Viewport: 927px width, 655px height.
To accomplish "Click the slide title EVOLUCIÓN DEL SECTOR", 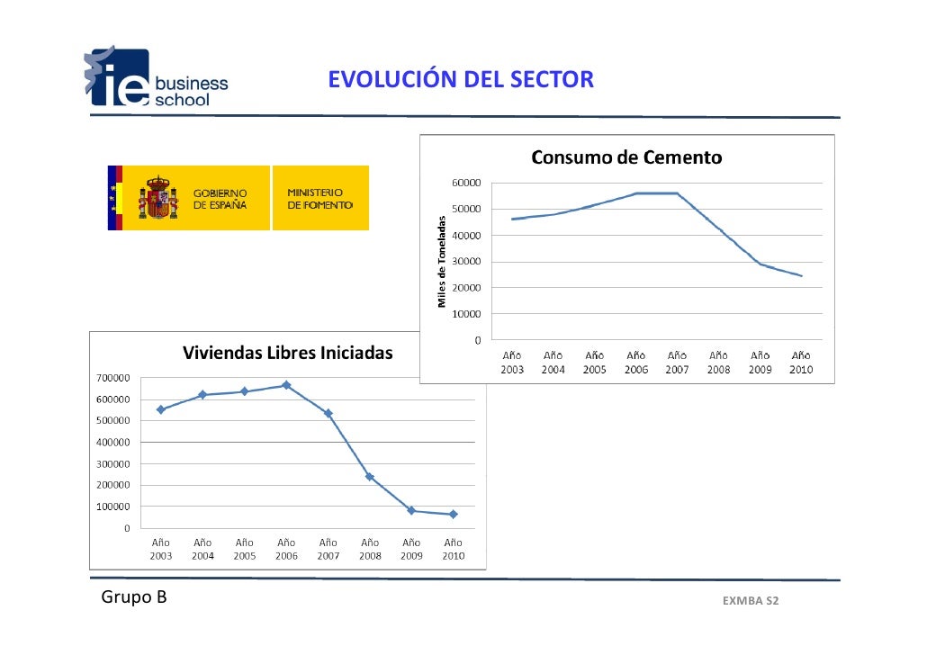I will pos(460,81).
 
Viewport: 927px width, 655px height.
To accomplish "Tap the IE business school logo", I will pos(157,79).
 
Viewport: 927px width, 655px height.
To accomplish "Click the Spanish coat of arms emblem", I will pos(157,198).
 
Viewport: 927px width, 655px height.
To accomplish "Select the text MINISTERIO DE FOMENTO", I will pos(314,199).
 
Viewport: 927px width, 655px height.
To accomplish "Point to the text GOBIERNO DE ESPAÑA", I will pos(220,199).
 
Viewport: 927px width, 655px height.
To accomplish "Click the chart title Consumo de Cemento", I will pos(626,158).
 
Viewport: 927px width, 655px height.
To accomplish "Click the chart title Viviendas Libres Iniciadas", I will pos(288,353).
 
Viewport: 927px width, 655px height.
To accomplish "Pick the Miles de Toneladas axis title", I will pos(442,261).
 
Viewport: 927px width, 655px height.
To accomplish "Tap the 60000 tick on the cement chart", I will pos(465,183).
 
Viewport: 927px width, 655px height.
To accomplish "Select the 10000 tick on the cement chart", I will pos(465,314).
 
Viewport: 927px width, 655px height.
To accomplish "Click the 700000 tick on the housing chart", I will pos(111,378).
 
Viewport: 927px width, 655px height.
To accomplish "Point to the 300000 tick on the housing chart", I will pos(111,463).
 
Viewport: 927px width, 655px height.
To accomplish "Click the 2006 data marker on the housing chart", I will pos(286,385).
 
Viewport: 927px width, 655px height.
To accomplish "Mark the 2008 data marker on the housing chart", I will pos(370,477).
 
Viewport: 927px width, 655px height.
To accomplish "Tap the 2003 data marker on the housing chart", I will pos(161,409).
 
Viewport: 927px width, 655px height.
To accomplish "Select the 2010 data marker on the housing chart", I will pos(453,514).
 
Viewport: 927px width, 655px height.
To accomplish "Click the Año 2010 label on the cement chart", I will pos(800,363).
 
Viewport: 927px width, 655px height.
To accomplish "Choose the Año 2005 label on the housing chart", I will pos(244,549).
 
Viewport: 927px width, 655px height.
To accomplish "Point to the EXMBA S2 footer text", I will pos(750,600).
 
